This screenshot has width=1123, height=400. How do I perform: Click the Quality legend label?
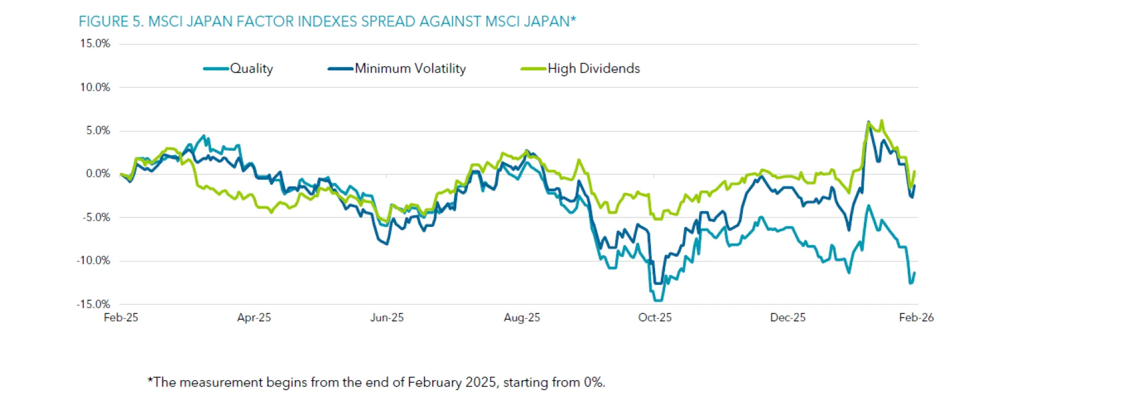tap(251, 68)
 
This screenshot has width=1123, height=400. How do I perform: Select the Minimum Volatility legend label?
tap(410, 68)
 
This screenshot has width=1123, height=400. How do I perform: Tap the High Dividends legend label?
tap(593, 68)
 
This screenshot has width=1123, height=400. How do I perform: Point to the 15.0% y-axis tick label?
tap(95, 44)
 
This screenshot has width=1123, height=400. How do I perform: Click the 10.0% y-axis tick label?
tap(95, 87)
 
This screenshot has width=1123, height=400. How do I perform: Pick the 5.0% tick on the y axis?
tap(98, 130)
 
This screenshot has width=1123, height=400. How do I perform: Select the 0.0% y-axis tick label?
tap(98, 174)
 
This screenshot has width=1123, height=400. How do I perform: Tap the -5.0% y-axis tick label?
tap(96, 218)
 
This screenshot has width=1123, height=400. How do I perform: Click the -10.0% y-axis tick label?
tap(94, 261)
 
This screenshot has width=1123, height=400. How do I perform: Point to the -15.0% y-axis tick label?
tap(94, 304)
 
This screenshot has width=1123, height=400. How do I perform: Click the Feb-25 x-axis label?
tap(120, 318)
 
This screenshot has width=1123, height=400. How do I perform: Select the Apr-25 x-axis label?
tap(254, 318)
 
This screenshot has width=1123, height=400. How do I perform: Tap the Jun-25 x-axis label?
tap(387, 318)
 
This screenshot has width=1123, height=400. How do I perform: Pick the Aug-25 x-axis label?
tap(522, 318)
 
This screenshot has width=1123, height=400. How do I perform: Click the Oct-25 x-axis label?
tap(654, 318)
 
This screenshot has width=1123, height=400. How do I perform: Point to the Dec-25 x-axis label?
tap(787, 318)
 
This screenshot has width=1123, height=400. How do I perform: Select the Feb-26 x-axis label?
tap(916, 318)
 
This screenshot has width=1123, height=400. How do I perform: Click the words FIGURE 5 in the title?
tap(111, 22)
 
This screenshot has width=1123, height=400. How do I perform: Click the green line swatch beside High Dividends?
tap(533, 69)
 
